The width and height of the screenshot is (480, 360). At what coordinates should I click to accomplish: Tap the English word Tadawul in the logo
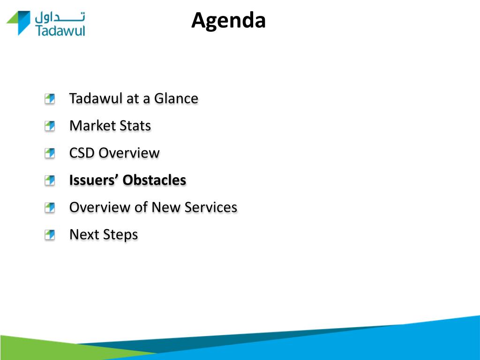point(60,30)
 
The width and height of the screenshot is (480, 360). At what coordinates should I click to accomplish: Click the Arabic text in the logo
point(60,17)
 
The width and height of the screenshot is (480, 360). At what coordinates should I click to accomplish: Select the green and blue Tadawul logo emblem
point(18,23)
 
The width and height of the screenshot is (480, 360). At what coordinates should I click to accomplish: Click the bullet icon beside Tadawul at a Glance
point(50,98)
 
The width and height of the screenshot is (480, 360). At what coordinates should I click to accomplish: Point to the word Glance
point(176,98)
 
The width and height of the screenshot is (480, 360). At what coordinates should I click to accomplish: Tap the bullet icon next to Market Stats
point(50,126)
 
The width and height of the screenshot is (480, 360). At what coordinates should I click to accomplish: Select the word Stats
point(135,126)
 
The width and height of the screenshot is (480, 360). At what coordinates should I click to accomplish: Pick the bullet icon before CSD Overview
point(50,153)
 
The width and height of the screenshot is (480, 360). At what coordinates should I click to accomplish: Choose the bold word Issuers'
point(94,180)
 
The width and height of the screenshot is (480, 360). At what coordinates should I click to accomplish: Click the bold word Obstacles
point(154,180)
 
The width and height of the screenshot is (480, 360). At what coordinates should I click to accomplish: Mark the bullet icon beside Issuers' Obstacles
point(50,180)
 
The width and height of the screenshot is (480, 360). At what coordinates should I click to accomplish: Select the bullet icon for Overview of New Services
point(50,208)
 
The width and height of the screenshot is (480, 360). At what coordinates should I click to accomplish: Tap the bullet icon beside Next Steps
point(50,235)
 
